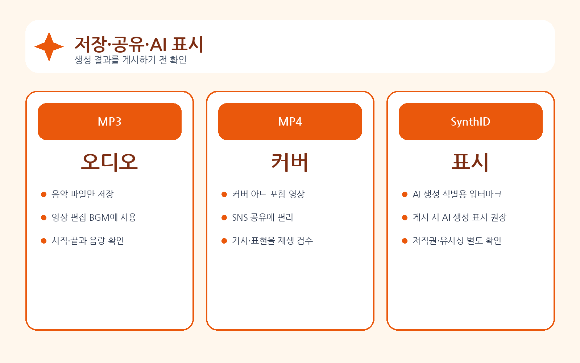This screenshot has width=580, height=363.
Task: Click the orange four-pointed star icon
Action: click(x=49, y=47)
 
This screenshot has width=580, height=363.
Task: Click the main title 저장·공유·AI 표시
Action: click(x=139, y=44)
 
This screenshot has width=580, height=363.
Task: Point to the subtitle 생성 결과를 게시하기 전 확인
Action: click(x=130, y=60)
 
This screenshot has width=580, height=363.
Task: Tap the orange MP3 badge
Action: click(x=109, y=122)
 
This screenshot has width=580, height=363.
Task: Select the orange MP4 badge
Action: click(x=290, y=122)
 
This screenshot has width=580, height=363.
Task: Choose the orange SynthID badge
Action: click(x=471, y=122)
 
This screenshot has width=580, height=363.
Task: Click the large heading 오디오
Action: click(x=109, y=162)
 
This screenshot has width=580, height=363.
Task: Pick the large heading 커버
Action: click(x=290, y=162)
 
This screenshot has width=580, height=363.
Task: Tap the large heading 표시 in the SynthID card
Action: click(x=470, y=162)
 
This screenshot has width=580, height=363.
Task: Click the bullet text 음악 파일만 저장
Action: click(x=83, y=194)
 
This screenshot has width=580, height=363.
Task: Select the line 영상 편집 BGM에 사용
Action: click(x=94, y=217)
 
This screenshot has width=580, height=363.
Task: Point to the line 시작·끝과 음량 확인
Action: click(x=88, y=241)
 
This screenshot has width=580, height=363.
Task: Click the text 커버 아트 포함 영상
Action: click(x=268, y=194)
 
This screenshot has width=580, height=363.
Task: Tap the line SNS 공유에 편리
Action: click(x=262, y=217)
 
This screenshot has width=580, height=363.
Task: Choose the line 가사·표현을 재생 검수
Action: click(x=272, y=241)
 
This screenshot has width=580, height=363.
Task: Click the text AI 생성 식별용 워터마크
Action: click(x=457, y=194)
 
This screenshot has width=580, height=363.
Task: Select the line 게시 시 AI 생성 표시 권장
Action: click(x=459, y=217)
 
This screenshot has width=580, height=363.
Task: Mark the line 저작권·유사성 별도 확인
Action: click(x=457, y=241)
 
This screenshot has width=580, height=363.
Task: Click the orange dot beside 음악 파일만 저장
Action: click(x=43, y=195)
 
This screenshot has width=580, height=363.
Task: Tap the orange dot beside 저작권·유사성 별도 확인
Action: click(x=405, y=241)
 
